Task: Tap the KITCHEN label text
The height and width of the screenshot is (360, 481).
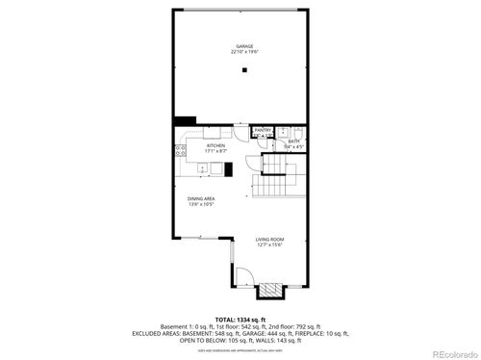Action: (x=215, y=145)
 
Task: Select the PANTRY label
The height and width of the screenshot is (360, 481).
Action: (x=262, y=130)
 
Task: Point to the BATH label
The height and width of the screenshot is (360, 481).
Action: (x=294, y=141)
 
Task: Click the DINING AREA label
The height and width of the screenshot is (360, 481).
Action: (x=201, y=199)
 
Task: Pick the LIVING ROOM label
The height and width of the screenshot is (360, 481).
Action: (x=269, y=239)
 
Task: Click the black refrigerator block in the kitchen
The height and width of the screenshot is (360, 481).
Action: (x=229, y=169)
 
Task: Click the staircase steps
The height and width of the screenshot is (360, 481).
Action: (x=279, y=175)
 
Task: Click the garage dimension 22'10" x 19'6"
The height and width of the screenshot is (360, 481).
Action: (x=243, y=53)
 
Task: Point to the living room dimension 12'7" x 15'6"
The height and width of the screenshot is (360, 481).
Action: (x=269, y=244)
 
